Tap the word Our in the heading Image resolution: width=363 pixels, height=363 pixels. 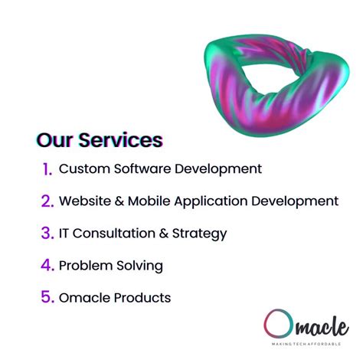coord(55,140)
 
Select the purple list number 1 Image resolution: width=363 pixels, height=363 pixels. coord(47,169)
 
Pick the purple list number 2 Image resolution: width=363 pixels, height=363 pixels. coord(47,201)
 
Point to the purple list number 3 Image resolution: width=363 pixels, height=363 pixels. coord(47,234)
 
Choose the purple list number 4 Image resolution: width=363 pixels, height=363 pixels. coord(47,266)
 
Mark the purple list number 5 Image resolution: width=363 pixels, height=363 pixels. coord(47,298)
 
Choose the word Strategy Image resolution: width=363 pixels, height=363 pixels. coord(201,234)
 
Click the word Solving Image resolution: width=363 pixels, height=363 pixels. coord(139,266)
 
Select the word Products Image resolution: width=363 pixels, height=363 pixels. coord(142,297)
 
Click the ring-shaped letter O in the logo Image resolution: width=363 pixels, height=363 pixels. coord(276,323)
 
